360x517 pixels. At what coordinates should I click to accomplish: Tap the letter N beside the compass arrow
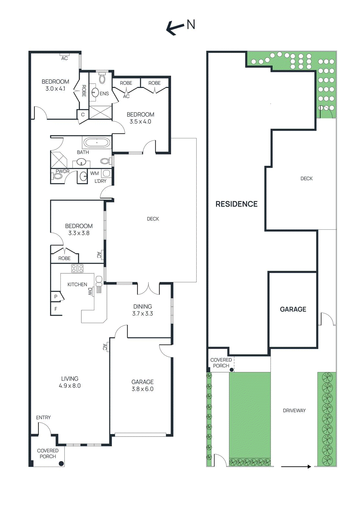tap(191, 25)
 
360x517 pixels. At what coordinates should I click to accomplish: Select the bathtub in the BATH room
tap(97, 142)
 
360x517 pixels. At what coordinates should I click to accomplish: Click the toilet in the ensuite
tap(102, 79)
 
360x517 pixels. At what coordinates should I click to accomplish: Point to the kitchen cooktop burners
tap(77, 268)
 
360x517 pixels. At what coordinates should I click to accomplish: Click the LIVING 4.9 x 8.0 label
tap(70, 382)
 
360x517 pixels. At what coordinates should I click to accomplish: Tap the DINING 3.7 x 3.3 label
tap(142, 310)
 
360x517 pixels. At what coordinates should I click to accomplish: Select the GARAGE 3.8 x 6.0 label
tap(142, 385)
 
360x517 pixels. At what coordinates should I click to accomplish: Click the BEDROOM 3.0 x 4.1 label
tap(55, 85)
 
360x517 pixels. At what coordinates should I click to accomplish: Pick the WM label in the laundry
tap(94, 174)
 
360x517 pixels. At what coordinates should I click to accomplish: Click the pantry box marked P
tap(56, 296)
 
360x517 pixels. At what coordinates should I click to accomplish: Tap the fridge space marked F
tap(56, 309)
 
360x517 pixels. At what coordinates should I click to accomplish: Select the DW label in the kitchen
tap(90, 291)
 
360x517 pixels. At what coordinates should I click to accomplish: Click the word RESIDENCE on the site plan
tap(236, 204)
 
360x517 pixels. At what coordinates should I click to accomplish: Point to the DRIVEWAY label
tap(294, 410)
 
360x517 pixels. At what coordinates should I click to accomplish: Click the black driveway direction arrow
tap(296, 466)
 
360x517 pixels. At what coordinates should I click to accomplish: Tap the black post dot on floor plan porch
tap(61, 463)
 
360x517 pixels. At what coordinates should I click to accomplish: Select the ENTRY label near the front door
tap(43, 417)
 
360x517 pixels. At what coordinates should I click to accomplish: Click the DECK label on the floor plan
tap(153, 219)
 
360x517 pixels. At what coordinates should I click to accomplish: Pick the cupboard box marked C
tap(83, 114)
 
